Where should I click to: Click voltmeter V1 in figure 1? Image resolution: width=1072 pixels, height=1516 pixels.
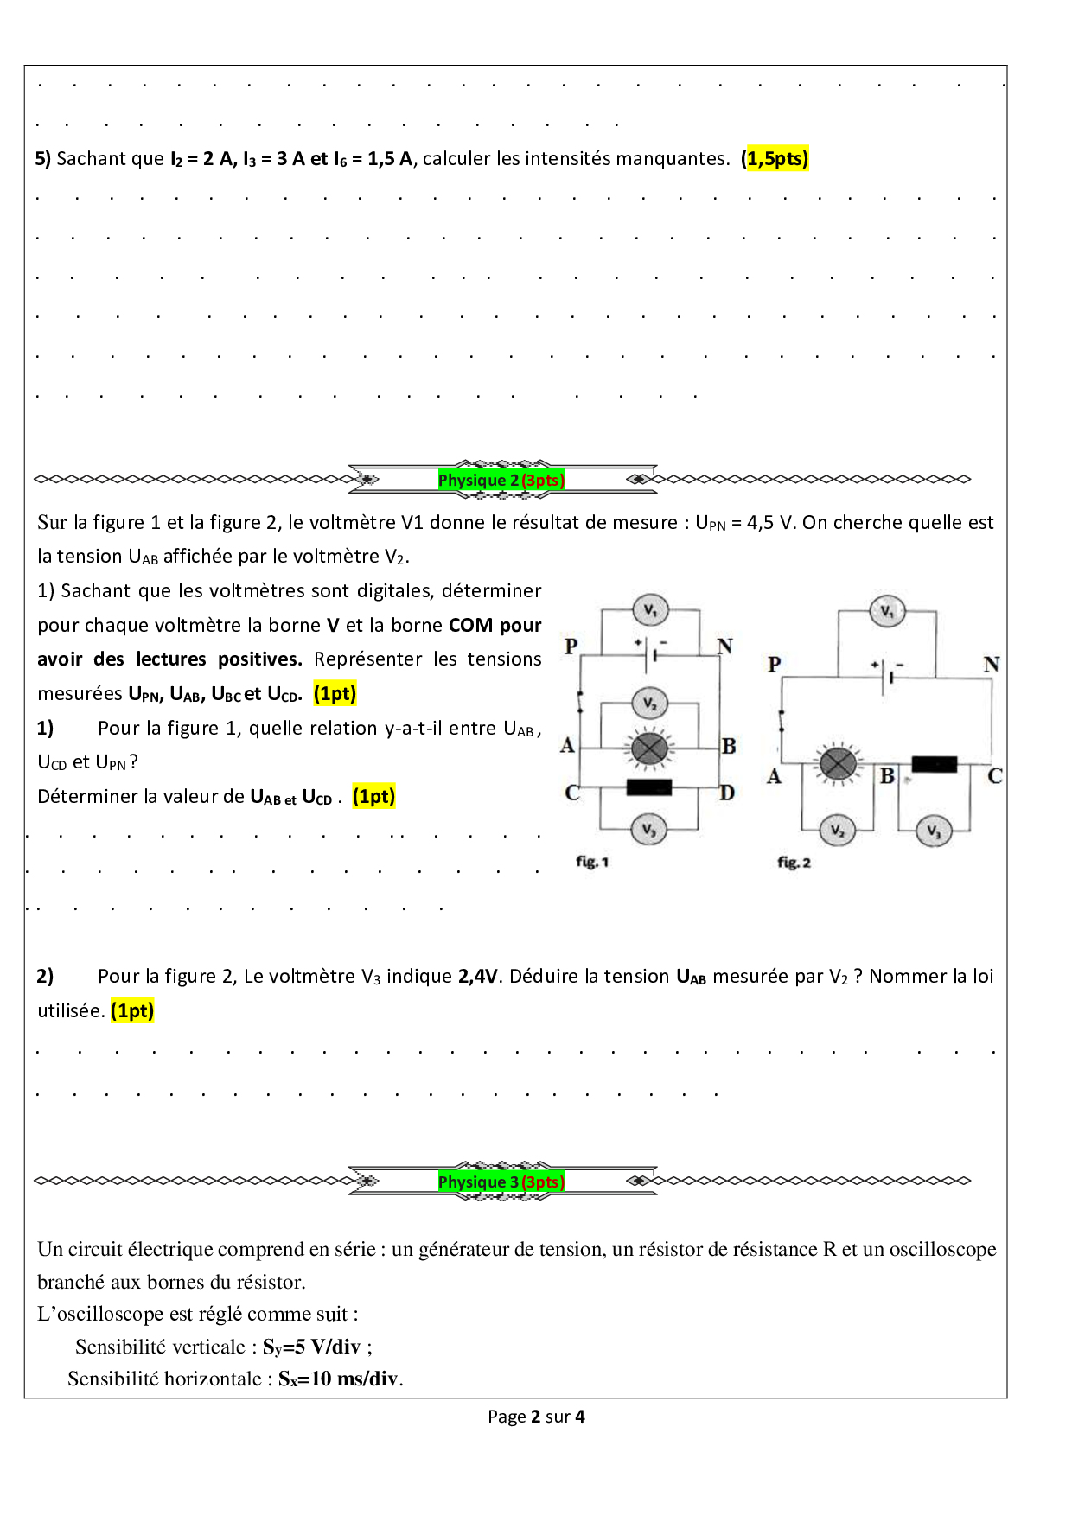click(x=650, y=610)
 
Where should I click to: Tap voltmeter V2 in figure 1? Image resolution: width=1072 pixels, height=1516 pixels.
click(x=649, y=704)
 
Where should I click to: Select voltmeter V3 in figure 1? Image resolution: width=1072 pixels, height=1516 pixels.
click(x=648, y=830)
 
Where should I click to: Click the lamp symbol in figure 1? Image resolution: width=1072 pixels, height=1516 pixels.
click(x=649, y=748)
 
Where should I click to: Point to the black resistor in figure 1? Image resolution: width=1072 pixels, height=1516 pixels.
click(x=648, y=787)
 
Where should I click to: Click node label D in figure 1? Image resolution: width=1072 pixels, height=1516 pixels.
click(x=727, y=793)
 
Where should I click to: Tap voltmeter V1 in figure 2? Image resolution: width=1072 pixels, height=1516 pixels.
click(x=887, y=611)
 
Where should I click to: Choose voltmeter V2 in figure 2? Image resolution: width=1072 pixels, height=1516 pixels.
click(x=837, y=831)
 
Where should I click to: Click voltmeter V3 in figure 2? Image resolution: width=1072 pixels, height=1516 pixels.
click(x=934, y=831)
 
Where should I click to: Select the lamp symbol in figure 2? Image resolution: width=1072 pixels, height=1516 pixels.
click(x=837, y=763)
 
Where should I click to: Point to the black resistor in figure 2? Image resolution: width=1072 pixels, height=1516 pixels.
click(x=934, y=764)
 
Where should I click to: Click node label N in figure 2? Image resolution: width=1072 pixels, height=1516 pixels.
click(x=991, y=664)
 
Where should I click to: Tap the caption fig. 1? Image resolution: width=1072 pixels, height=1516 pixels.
click(x=592, y=862)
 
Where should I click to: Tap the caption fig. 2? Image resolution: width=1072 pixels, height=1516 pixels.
click(x=794, y=862)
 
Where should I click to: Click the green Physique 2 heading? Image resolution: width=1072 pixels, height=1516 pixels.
click(x=501, y=480)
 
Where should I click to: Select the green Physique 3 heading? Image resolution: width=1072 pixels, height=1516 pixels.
click(x=501, y=1182)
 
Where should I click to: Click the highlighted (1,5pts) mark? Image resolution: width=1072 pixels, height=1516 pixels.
click(x=775, y=158)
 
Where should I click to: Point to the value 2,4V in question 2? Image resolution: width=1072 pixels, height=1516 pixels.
click(x=478, y=977)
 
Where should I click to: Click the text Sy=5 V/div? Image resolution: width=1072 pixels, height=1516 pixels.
click(x=311, y=1347)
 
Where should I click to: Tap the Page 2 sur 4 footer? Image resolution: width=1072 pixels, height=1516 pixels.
click(x=536, y=1417)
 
